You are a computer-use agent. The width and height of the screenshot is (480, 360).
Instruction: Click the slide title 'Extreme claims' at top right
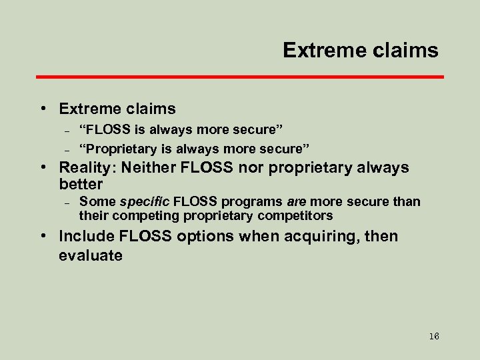[x=360, y=50]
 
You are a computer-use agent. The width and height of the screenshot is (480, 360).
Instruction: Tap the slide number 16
[x=434, y=337]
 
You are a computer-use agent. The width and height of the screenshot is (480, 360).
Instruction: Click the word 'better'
[x=81, y=184]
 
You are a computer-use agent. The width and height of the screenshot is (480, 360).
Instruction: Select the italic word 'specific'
[x=145, y=201]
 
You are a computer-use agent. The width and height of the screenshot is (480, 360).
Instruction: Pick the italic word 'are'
[x=296, y=201]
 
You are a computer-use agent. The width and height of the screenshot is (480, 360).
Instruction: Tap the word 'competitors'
[x=300, y=215]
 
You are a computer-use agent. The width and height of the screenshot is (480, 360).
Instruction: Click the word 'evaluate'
[x=90, y=255]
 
